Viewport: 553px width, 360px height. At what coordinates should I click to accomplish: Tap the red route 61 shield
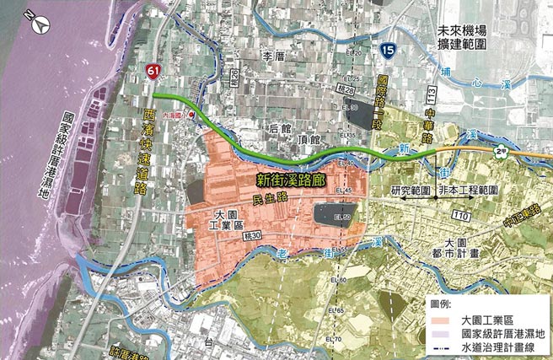pos(151,74)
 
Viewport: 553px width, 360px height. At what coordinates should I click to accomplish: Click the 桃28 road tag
pos(344,89)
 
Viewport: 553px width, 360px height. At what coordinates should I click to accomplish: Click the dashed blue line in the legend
pos(437,347)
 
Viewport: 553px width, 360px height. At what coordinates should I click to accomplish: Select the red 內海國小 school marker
pos(193,115)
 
